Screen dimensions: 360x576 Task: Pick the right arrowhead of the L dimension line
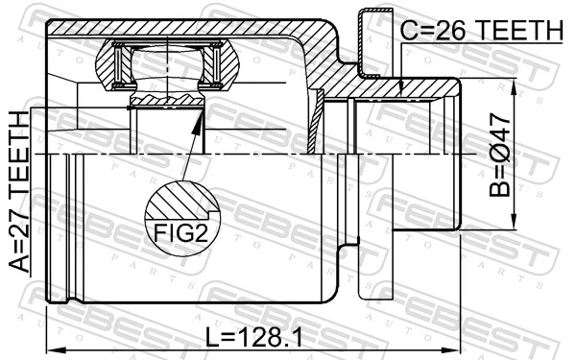[x=460, y=348]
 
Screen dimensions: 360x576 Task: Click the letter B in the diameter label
[x=500, y=189]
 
